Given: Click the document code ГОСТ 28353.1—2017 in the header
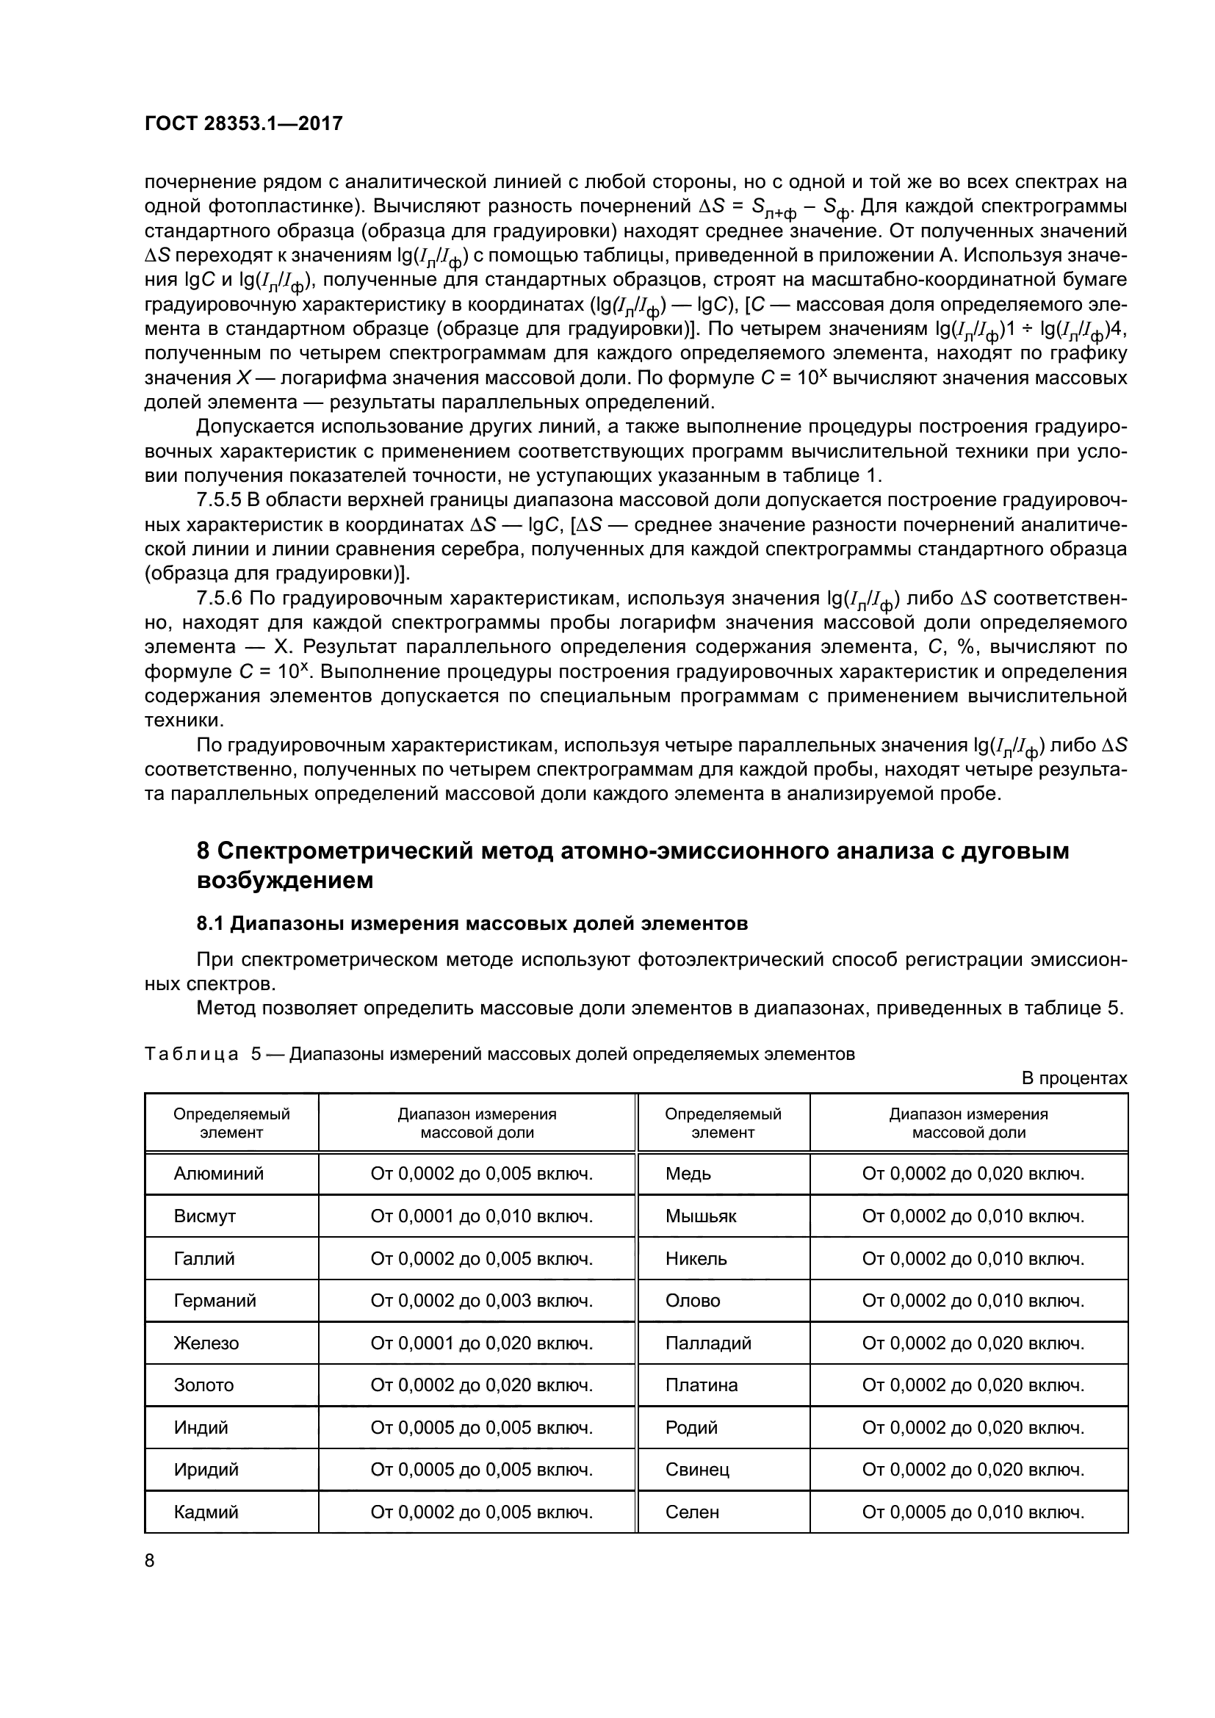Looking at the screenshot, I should coord(243,124).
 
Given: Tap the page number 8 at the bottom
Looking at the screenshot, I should coord(150,1561).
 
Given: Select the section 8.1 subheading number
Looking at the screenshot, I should coord(210,923).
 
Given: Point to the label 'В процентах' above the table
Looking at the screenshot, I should coord(1074,1078).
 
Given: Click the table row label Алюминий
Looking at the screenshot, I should coord(218,1173).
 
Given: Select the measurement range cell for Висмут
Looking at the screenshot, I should coord(481,1216).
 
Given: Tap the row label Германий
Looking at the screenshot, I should coord(214,1301).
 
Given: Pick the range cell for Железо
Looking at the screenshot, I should coord(481,1343).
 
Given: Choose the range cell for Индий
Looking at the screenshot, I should coord(481,1428).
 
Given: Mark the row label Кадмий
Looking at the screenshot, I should coord(206,1512).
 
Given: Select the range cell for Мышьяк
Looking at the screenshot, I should coord(973,1216).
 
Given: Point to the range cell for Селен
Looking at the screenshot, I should coord(973,1512).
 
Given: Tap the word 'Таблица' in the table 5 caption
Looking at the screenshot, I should coord(191,1054).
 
